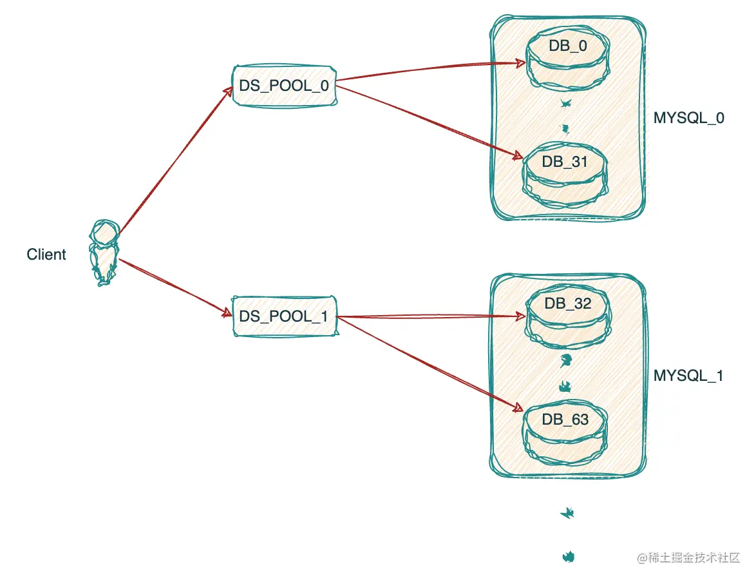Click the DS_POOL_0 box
[285, 86]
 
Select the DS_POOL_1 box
[285, 316]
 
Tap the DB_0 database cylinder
[567, 58]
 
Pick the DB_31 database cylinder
[565, 175]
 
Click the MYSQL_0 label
[688, 118]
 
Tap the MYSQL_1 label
[688, 376]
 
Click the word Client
[46, 255]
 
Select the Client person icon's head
[105, 233]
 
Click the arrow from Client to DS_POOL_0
[176, 161]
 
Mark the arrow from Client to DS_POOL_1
[176, 288]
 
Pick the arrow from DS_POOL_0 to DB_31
[429, 122]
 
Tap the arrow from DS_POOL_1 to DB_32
[431, 316]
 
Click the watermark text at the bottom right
[688, 558]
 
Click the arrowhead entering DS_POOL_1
[227, 313]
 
